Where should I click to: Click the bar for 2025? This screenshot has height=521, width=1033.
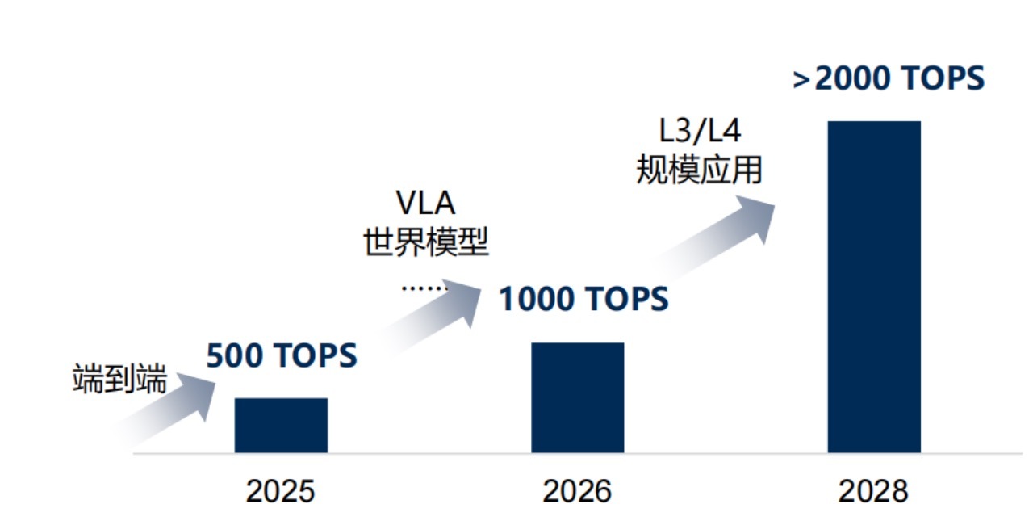pos(281,425)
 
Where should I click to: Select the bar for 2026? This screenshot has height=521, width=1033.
pos(577,397)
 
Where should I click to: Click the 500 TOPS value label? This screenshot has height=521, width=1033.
pos(282,356)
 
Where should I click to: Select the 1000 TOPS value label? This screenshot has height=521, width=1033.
pos(583,300)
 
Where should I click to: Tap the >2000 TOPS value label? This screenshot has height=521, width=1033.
pos(889,79)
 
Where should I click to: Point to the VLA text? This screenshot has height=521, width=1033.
pos(426,204)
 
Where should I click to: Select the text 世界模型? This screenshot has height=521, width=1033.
pos(426,242)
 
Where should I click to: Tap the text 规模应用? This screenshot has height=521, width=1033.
pos(699,169)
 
